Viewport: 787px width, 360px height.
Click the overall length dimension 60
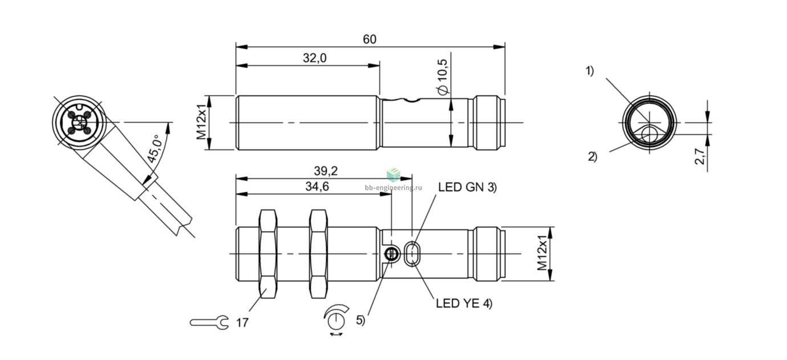[369, 39]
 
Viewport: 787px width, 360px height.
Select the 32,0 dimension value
[314, 58]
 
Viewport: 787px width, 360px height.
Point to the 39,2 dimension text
[326, 171]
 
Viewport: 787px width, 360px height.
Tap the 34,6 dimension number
[317, 187]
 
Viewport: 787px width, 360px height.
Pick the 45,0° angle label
[155, 149]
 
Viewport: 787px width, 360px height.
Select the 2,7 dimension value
[699, 156]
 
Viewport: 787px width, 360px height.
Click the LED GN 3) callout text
[467, 187]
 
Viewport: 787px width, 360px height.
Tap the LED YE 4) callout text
[464, 303]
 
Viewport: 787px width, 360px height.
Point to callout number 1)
[589, 71]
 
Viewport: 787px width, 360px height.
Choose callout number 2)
[592, 156]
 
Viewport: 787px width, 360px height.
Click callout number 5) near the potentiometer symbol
[360, 320]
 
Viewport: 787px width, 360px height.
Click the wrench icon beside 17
[209, 322]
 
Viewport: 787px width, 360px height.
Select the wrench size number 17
[242, 323]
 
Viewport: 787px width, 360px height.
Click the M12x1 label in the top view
[201, 122]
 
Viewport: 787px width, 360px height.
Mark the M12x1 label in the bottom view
[542, 253]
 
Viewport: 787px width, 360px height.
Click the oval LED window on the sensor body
[412, 253]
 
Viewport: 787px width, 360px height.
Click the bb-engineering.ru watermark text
[393, 188]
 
